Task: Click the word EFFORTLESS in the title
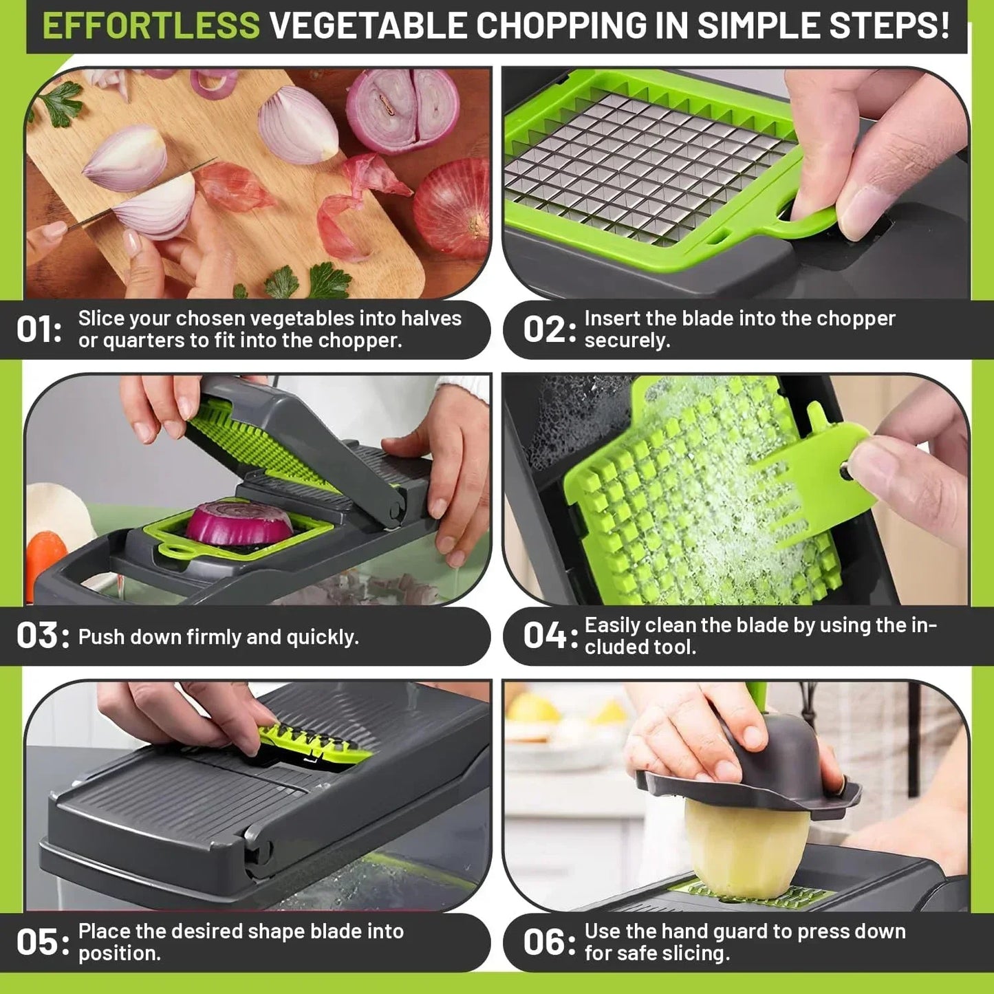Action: coord(151,26)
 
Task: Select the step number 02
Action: coord(545,329)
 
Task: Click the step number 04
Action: coord(545,636)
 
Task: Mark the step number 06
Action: coord(545,942)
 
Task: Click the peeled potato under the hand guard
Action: coord(746,850)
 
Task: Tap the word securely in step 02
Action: coord(626,341)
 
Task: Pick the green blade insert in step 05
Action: coord(313,743)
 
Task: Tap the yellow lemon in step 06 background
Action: coord(533,709)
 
